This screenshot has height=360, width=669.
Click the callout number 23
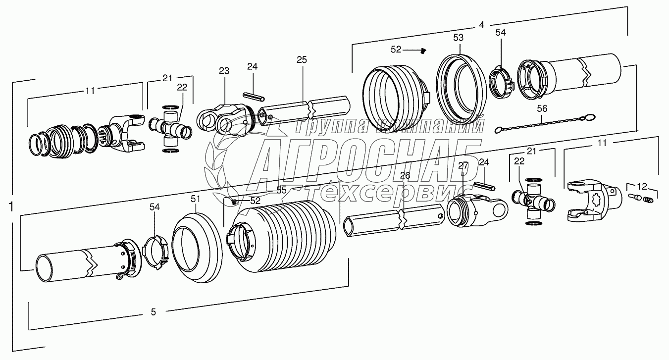point(224,71)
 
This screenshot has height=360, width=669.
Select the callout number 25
point(302,60)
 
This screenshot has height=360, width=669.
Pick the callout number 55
point(281,190)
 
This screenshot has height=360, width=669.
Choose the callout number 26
point(405,175)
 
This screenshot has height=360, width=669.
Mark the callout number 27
point(463,166)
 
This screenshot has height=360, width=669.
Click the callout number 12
point(641,187)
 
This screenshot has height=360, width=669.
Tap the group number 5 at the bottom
point(154,311)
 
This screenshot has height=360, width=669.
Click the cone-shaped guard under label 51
point(196,248)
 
